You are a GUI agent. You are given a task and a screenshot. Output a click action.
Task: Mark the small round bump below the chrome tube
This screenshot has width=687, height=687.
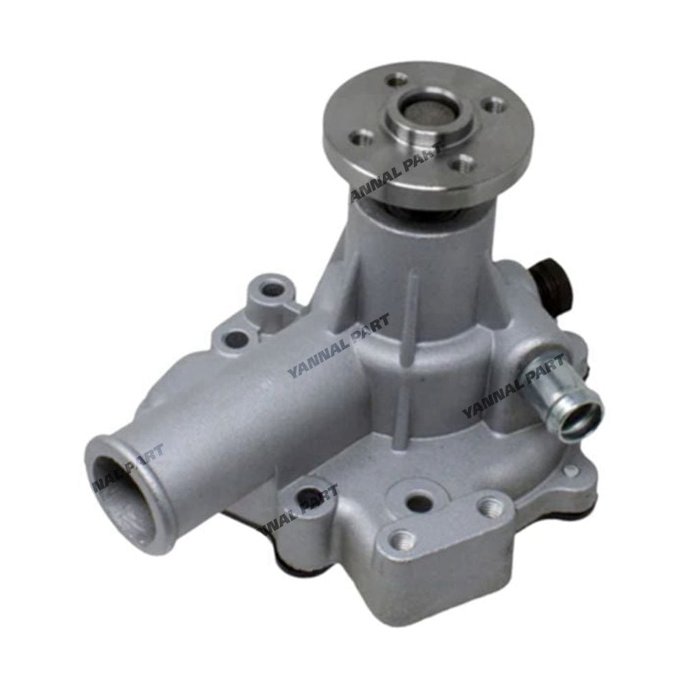[570, 471]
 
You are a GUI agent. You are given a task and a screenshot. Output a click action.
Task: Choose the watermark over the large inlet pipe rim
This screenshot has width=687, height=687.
[127, 466]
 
